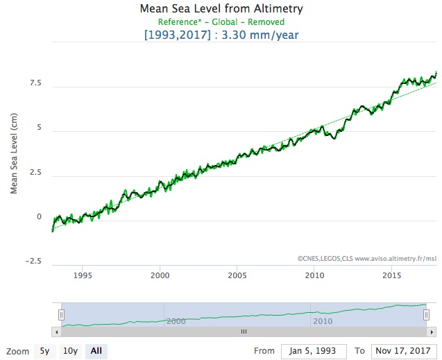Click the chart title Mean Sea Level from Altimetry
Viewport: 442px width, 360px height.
(x=221, y=9)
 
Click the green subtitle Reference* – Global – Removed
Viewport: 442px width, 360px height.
(x=221, y=22)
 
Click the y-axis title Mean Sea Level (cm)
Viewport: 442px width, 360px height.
(x=15, y=154)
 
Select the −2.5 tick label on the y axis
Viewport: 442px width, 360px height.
(x=32, y=261)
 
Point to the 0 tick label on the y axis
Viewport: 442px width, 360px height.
(x=39, y=217)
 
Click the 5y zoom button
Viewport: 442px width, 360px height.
(x=44, y=351)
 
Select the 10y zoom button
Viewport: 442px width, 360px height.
(x=69, y=351)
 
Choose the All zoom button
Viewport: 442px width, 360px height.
(x=96, y=351)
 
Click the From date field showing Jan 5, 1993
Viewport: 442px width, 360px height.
(x=314, y=351)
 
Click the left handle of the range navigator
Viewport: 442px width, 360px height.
(x=61, y=314)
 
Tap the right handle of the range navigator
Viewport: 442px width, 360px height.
(x=427, y=314)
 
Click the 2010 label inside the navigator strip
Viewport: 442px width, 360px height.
(x=323, y=321)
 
